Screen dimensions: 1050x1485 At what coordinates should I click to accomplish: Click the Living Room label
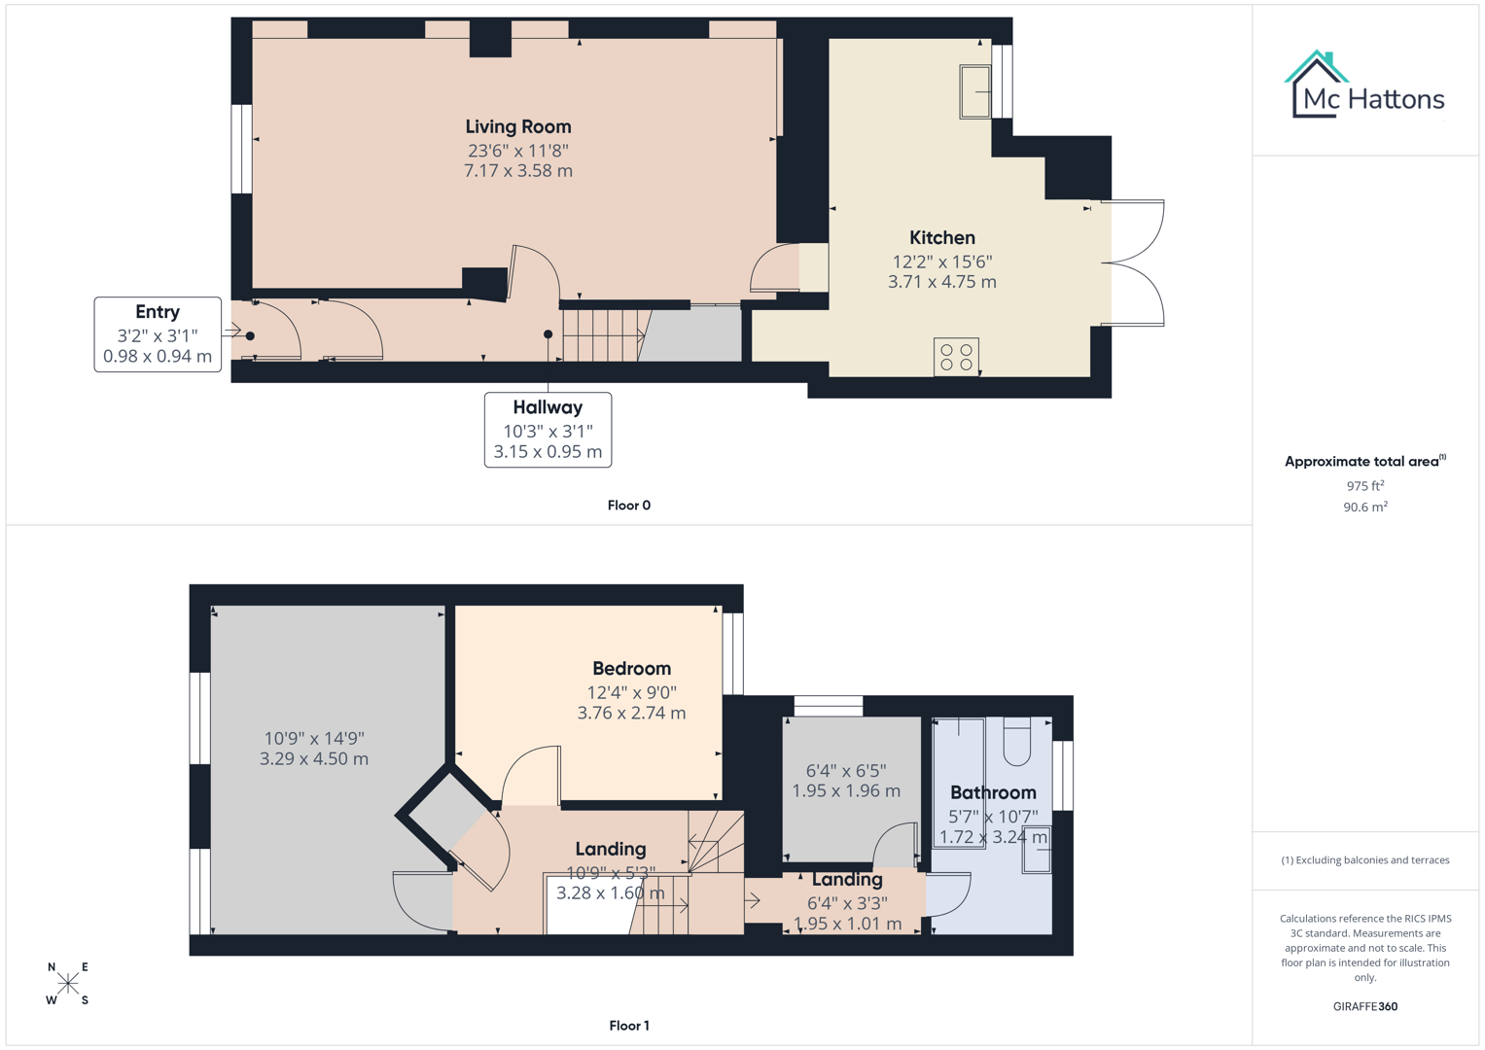coord(517,126)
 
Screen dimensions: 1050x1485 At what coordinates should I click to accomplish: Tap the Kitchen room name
coord(941,237)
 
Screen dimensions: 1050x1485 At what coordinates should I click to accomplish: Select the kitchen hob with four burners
coord(955,356)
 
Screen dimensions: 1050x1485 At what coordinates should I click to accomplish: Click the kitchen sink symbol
coord(974,91)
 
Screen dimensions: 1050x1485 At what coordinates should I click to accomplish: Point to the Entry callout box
coord(158,334)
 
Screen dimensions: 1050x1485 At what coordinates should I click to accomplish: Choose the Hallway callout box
coord(548,430)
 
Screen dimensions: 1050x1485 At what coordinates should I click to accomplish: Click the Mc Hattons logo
coord(1365,86)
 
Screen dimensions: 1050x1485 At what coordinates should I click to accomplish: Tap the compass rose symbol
coord(68,983)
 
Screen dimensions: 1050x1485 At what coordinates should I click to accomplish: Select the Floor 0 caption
coord(628,506)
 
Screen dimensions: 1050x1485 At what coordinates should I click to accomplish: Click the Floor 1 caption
coord(628,1026)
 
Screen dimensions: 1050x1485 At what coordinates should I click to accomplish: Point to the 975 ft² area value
coord(1364,485)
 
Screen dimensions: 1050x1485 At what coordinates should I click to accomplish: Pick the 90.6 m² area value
coord(1364,507)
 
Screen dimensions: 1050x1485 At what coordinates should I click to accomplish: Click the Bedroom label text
coord(631,669)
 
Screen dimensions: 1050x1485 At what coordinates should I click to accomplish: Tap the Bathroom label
coord(993,792)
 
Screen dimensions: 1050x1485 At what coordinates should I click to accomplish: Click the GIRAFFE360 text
coord(1364,1006)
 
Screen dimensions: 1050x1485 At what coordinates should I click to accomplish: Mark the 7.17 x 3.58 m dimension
coord(517,171)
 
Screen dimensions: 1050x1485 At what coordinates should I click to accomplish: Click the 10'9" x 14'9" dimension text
coord(313,738)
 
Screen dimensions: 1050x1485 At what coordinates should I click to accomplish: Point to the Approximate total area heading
coord(1363,462)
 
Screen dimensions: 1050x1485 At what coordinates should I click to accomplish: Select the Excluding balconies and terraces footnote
coord(1364,860)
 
